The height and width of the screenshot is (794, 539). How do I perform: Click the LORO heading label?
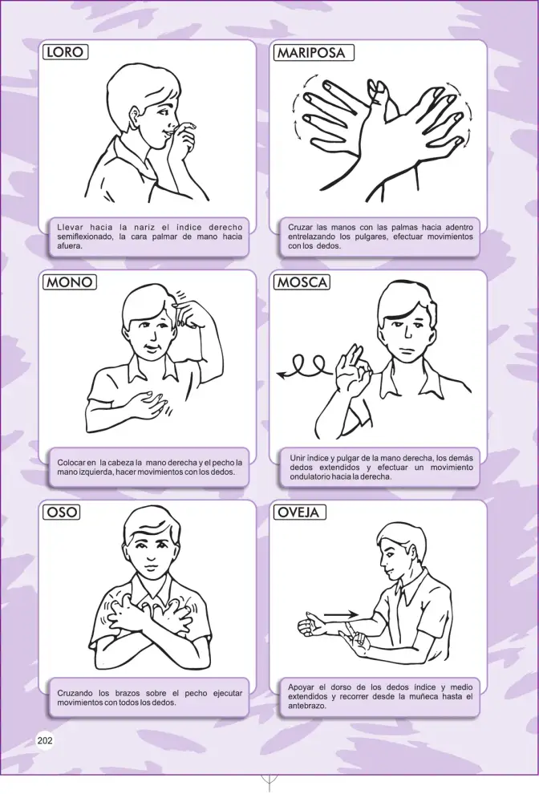(x=65, y=52)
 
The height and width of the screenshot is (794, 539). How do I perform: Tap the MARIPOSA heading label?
(x=313, y=53)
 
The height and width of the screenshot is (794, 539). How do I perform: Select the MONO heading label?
(x=71, y=282)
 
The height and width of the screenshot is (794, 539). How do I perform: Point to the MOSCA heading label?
(x=302, y=282)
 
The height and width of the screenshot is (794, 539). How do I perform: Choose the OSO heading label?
(x=62, y=512)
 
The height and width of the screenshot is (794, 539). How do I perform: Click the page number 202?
(x=45, y=740)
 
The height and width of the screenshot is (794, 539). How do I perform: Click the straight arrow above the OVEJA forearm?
(x=341, y=615)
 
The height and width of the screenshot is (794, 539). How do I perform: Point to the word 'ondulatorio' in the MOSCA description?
(x=310, y=476)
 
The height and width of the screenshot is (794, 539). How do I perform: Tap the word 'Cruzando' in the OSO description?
(x=75, y=693)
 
